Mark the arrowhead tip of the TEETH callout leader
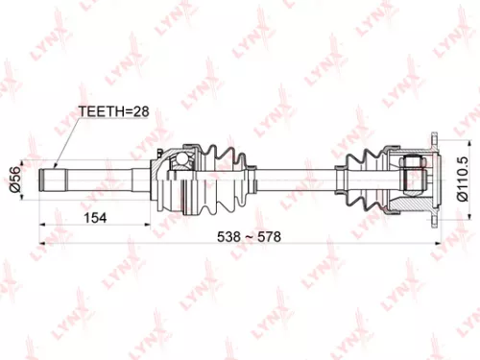click(x=55, y=165)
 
